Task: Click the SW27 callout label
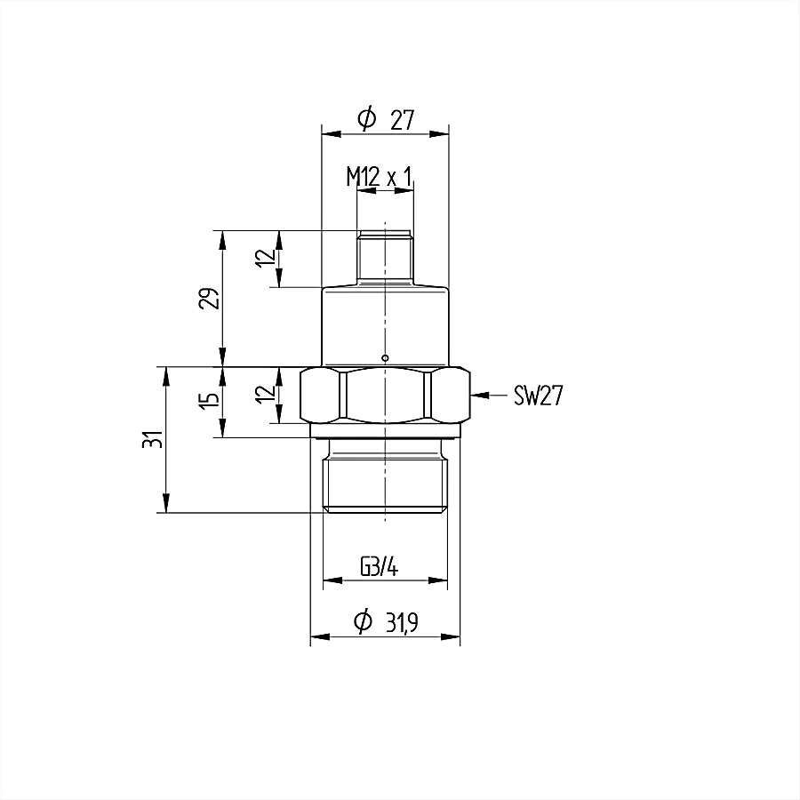point(538,396)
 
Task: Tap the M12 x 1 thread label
point(379,177)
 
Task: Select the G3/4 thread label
point(379,566)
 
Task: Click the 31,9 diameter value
point(402,622)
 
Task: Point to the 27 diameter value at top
point(403,120)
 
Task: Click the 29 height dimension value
point(209,299)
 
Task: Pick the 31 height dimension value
point(153,439)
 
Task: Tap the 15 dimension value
point(209,398)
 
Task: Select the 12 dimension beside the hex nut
point(266,394)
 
